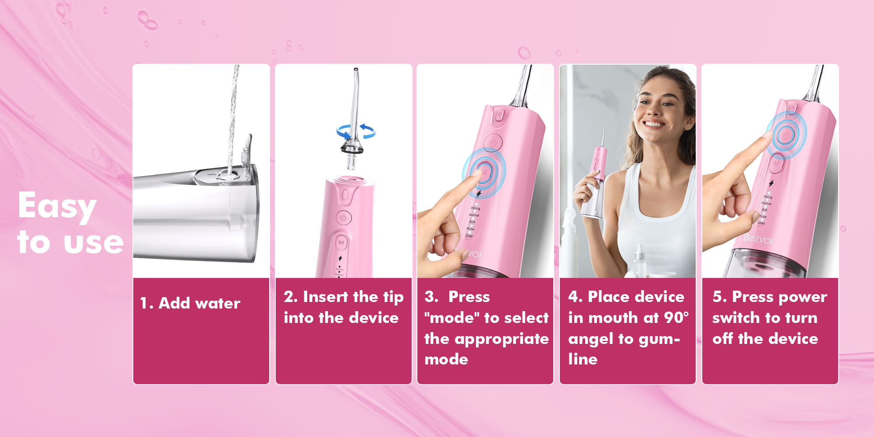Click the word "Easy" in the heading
point(57,206)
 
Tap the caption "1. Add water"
point(190,303)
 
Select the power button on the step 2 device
point(343,217)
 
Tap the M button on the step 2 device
point(341,243)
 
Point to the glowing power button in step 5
point(786,133)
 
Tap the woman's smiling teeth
point(654,124)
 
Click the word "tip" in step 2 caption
point(393,297)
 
